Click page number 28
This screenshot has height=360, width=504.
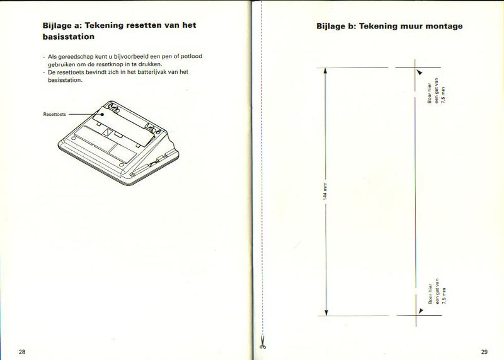tap(22, 351)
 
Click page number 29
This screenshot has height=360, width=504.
tap(484, 351)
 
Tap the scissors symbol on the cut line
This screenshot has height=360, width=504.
tap(261, 344)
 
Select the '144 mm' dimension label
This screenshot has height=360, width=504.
tap(325, 191)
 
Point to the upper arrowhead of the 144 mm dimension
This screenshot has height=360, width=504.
tap(326, 71)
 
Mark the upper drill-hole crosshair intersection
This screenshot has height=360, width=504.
tap(415, 68)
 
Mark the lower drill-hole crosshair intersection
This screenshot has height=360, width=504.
tap(415, 315)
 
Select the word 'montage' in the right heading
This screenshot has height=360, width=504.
tap(445, 26)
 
